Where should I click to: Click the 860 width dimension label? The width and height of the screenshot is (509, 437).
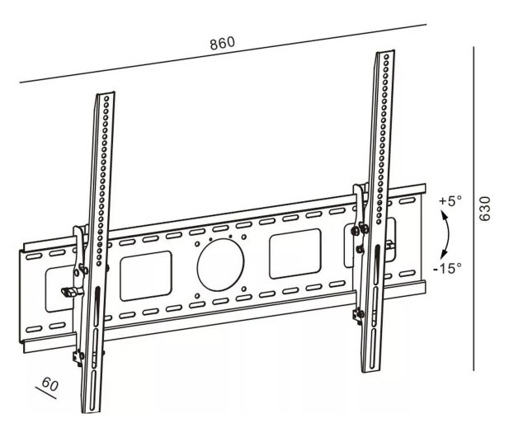point(222,44)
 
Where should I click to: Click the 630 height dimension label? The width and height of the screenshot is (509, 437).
point(485,209)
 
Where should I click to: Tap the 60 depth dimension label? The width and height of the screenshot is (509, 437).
point(50,383)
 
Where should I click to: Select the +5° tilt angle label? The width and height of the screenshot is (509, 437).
point(450,200)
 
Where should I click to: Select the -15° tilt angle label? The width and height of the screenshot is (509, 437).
point(447,268)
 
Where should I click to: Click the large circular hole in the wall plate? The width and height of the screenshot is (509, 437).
point(220,265)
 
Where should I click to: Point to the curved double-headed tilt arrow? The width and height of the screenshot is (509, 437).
point(448,234)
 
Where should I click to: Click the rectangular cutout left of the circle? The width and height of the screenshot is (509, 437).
point(146,275)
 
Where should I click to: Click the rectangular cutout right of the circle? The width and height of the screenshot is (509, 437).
point(295,253)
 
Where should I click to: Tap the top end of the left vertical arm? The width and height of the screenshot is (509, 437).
point(106,93)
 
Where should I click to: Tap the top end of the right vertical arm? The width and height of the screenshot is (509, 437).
point(385,52)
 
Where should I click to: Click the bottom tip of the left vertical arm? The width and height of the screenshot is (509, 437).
point(92,412)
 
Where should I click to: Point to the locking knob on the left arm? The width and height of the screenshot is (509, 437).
point(69,292)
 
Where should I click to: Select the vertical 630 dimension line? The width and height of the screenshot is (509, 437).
point(474,209)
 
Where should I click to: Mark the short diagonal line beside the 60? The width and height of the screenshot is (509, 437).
point(45,392)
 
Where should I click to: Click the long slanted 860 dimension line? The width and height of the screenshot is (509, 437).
point(223,54)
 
